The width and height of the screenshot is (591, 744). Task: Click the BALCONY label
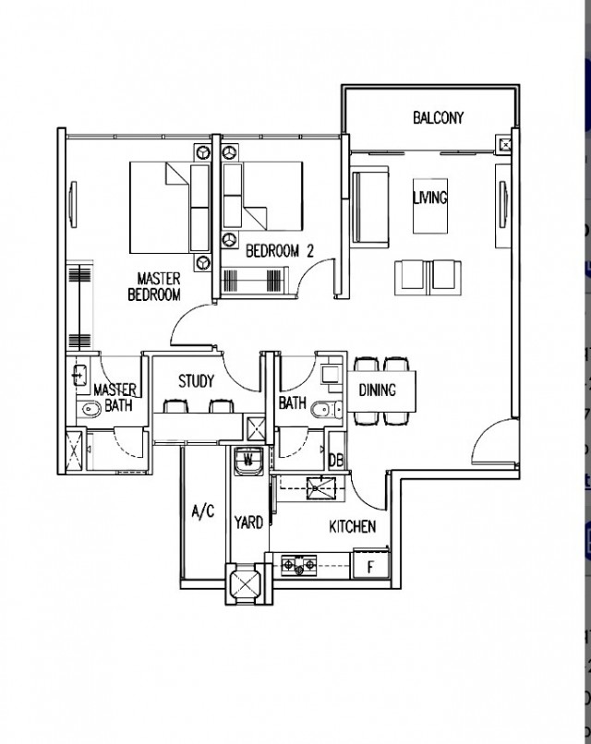pos(438,117)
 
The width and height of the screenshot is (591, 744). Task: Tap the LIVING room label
pos(430,198)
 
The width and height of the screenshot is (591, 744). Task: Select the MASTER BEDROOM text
pos(155,286)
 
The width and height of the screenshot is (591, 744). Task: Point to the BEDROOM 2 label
pos(280,250)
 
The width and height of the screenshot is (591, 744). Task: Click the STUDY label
pos(196,381)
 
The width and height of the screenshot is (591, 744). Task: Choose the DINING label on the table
pos(378,390)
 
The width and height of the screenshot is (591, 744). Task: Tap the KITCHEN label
pos(353,526)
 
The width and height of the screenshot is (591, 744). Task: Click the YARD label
pos(248,522)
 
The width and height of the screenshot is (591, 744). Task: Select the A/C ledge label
pos(203,511)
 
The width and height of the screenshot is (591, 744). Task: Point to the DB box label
pos(336,460)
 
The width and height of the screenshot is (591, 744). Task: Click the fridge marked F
pos(370,566)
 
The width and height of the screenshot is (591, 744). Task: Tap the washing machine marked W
pos(248,461)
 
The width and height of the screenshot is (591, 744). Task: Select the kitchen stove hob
pos(299,566)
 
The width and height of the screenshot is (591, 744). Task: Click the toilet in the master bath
pos(90,408)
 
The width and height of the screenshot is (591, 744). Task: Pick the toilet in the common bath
pos(328,409)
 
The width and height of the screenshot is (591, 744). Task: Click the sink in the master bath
pos(80,376)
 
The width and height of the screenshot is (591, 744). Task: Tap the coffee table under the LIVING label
pos(430,206)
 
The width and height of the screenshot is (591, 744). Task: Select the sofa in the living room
pos(369,206)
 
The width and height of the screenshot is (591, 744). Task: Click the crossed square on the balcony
pos(504,144)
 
